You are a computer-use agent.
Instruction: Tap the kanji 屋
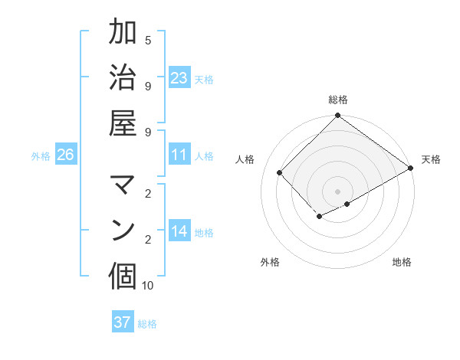click(123, 123)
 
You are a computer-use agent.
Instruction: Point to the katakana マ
click(123, 185)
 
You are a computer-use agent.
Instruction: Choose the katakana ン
click(123, 230)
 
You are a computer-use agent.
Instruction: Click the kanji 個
click(123, 276)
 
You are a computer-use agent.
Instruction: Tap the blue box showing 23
click(179, 77)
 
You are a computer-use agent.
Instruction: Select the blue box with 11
click(179, 155)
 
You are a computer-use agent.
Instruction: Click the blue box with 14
click(179, 231)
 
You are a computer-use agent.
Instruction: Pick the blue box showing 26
click(65, 155)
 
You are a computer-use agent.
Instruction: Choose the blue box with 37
click(123, 322)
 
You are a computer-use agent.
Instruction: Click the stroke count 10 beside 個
click(148, 286)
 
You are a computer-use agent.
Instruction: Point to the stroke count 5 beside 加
click(148, 41)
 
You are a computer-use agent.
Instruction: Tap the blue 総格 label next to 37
click(147, 324)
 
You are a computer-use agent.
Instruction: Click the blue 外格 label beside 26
click(41, 156)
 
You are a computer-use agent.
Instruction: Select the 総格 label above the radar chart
click(338, 100)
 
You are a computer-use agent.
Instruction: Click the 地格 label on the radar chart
click(402, 262)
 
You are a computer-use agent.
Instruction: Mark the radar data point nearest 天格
click(411, 169)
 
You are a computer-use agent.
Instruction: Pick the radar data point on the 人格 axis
click(280, 172)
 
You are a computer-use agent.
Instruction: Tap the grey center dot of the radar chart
click(338, 191)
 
